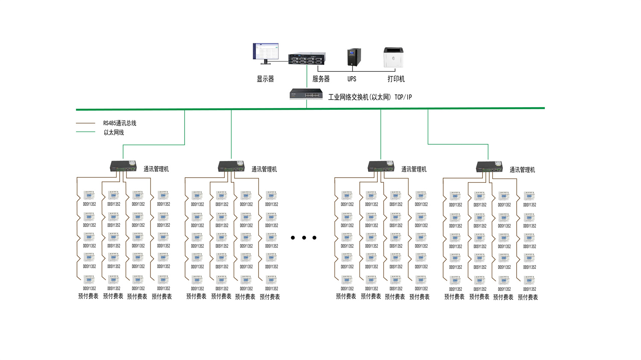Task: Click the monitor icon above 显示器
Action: (266, 53)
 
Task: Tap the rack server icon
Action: (306, 59)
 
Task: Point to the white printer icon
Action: (393, 57)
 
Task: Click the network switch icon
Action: (306, 94)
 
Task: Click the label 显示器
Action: (265, 79)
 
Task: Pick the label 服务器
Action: (321, 79)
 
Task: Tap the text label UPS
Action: (352, 79)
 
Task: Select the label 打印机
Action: (396, 79)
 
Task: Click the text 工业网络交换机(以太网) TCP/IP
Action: (370, 97)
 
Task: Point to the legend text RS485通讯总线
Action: (120, 123)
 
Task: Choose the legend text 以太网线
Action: (114, 133)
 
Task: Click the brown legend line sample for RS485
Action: (85, 123)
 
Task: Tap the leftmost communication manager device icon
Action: (123, 167)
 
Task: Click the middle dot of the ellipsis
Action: (304, 238)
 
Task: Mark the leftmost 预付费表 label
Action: (88, 296)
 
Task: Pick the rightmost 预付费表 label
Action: (528, 298)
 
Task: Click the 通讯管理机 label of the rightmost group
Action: (522, 170)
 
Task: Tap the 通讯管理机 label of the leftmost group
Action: (156, 169)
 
